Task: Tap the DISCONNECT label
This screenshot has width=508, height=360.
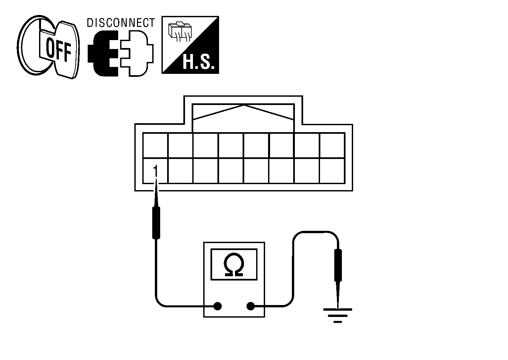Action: [120, 23]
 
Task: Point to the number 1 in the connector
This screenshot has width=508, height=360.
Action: [155, 171]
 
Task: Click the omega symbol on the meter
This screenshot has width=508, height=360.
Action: [234, 265]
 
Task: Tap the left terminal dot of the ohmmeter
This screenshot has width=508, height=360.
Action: [217, 306]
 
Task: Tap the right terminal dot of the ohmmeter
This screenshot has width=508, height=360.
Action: [251, 306]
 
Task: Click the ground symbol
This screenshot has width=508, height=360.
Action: [338, 315]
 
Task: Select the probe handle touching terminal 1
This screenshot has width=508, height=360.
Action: [156, 223]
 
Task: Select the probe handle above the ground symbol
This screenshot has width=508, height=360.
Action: [338, 265]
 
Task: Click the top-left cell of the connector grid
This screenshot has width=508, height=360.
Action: [155, 146]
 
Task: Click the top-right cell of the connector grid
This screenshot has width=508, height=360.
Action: [332, 146]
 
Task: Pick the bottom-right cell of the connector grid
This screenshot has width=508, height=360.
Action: [332, 171]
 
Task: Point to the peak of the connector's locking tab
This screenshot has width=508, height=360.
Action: [244, 106]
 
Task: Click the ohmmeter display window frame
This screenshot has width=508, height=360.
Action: [234, 250]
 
